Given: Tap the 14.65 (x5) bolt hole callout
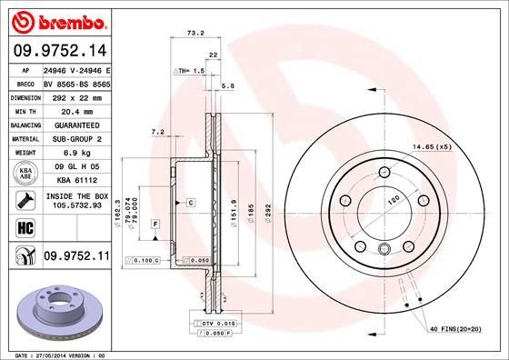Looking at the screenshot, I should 432,146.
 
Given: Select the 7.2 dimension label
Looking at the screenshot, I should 155,132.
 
